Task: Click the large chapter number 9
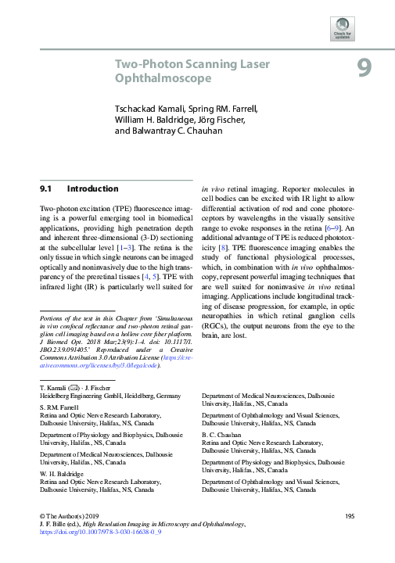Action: coord(364,69)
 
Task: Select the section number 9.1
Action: coord(45,188)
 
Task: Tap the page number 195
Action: coord(350,517)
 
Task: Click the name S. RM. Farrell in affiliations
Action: coord(60,408)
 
